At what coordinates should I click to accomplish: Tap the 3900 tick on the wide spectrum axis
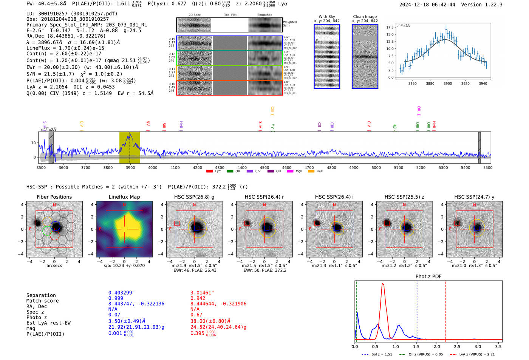(130, 167)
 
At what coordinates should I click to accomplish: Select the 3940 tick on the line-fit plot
(483, 83)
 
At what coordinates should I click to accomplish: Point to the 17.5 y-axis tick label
(390, 28)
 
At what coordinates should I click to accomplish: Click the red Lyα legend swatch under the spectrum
(209, 171)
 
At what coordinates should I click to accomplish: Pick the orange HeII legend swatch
(311, 171)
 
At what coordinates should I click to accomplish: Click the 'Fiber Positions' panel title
(54, 197)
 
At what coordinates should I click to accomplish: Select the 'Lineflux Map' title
(124, 197)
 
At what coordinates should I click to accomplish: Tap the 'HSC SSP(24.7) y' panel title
(474, 197)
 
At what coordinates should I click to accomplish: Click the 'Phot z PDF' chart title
(428, 276)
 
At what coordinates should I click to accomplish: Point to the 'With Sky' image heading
(327, 17)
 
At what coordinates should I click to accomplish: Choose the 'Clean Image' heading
(365, 17)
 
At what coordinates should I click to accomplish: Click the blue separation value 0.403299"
(121, 293)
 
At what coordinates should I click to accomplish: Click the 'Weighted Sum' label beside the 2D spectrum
(289, 24)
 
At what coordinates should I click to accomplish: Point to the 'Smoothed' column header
(264, 15)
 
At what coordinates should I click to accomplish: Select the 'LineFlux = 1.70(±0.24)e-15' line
(65, 48)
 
